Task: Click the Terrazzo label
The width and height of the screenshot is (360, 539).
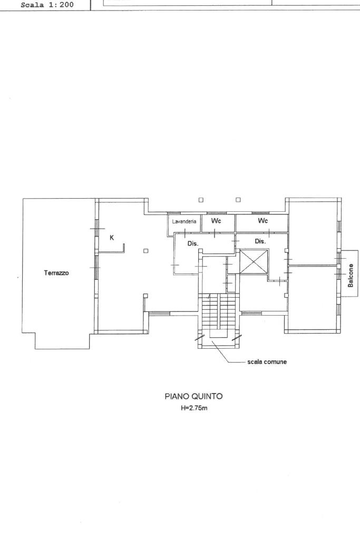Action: point(56,273)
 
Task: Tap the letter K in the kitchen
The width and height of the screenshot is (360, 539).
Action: point(112,238)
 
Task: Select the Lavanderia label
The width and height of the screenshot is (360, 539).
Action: point(184,221)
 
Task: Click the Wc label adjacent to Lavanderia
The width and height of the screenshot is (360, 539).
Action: point(216,221)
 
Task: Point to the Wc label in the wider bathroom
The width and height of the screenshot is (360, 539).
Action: point(262,221)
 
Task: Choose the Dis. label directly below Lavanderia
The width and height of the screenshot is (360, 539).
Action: point(193,243)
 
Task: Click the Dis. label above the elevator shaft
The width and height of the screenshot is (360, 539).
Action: point(260,241)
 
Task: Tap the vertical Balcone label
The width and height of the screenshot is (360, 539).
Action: point(351,276)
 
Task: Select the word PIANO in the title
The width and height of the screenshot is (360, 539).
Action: point(177,396)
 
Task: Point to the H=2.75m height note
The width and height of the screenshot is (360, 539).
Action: point(194,408)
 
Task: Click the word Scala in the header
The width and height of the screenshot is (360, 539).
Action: point(32,5)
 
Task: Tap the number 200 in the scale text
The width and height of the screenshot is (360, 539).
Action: point(66,5)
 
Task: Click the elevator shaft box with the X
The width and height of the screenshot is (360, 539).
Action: point(254,261)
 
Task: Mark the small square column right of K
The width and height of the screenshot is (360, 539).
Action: point(146,251)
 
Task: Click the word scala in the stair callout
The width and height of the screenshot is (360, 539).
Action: point(254,361)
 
